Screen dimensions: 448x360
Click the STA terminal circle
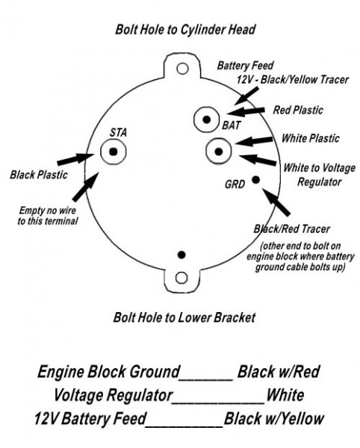click(113, 152)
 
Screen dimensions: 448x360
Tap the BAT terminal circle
click(204, 118)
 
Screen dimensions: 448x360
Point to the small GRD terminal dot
click(255, 179)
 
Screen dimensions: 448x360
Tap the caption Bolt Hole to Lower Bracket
click(184, 317)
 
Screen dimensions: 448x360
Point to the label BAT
click(231, 125)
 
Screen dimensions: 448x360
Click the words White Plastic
click(310, 138)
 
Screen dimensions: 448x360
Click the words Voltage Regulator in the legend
click(114, 394)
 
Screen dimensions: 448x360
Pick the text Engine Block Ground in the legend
click(110, 371)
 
